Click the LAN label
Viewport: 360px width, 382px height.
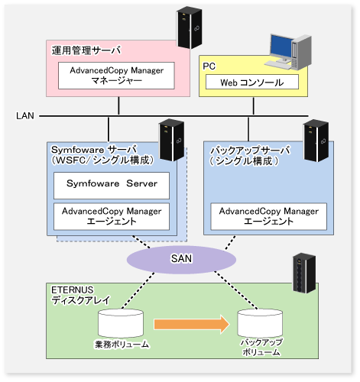click(x=25, y=116)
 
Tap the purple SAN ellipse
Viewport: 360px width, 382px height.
click(x=181, y=260)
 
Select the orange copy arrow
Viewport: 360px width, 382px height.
click(x=192, y=324)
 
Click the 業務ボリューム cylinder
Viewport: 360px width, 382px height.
click(x=121, y=323)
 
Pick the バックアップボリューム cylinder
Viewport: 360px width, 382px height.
click(x=260, y=323)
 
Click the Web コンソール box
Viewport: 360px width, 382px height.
click(x=252, y=82)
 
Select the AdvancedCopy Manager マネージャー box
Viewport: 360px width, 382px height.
click(x=116, y=76)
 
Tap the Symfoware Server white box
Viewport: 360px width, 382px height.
click(x=112, y=186)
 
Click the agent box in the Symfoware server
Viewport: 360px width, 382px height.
click(x=112, y=217)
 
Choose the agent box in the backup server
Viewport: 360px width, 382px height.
click(x=269, y=217)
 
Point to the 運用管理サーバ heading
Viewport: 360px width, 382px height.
click(x=86, y=50)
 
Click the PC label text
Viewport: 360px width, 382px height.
click(x=209, y=66)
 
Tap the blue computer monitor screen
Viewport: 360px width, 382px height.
click(x=281, y=47)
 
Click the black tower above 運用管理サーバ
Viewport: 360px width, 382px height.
click(x=190, y=28)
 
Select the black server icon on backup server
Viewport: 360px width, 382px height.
click(x=316, y=141)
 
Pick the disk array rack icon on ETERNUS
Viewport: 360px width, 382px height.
click(x=304, y=274)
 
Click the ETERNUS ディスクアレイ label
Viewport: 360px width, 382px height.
click(x=80, y=295)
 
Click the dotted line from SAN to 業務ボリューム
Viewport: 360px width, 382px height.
click(x=138, y=290)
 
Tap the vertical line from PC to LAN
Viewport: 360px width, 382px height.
click(x=253, y=106)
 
